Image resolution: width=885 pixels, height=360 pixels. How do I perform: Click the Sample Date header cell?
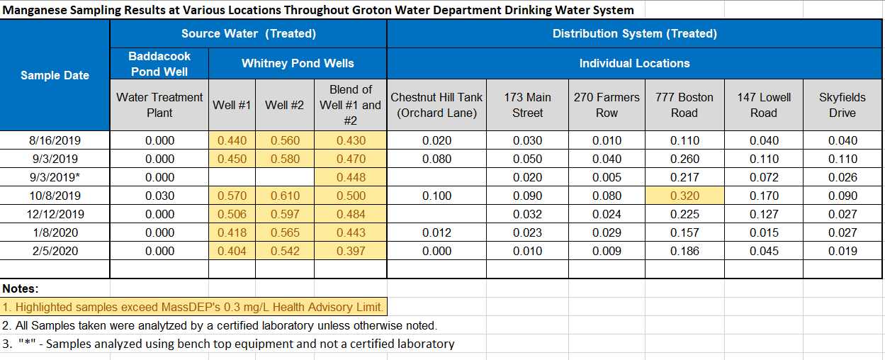point(55,75)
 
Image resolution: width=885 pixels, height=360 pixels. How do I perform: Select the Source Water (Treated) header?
point(248,33)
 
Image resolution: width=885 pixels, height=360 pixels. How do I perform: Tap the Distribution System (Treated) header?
point(634,33)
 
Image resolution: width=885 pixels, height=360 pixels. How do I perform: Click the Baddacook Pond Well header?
point(159,63)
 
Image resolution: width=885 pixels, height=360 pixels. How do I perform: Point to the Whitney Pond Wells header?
point(298,63)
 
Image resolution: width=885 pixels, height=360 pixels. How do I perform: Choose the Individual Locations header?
point(634,63)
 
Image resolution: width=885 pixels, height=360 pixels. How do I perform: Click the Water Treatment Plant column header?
point(159,105)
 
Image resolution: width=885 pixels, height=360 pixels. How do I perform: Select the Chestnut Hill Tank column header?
point(436,105)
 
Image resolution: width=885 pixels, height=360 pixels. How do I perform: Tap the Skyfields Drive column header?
point(842,105)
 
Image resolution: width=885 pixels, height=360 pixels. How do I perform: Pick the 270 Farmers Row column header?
point(606,105)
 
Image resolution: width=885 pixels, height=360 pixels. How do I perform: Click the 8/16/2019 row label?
point(55,140)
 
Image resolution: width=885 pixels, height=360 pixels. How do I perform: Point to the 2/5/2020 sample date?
point(55,251)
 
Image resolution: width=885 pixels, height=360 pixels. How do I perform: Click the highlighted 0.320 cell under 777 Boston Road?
point(684,196)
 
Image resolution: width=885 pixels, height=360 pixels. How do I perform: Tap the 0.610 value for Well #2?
point(285,196)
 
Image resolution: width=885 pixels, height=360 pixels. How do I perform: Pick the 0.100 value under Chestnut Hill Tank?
point(436,196)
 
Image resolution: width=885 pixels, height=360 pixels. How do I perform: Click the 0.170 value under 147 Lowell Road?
point(764,196)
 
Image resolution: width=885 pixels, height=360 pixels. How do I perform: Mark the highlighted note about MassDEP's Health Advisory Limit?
point(193,307)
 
